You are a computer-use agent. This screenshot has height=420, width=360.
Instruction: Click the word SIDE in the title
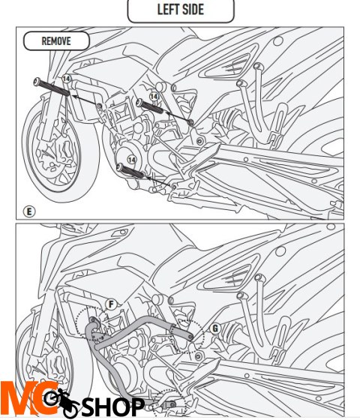click(193, 9)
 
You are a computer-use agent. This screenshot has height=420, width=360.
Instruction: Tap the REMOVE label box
click(56, 41)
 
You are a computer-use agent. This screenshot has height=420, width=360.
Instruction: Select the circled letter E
click(29, 211)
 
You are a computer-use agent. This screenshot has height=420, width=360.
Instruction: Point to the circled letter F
click(111, 304)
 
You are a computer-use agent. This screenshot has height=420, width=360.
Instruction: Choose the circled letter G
click(215, 328)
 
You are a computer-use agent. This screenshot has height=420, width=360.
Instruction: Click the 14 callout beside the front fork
click(67, 79)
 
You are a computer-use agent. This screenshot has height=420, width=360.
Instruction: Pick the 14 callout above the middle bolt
click(154, 97)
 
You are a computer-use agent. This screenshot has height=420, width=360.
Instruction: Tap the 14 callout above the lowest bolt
click(131, 160)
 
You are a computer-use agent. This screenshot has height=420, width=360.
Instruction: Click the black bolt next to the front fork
click(52, 86)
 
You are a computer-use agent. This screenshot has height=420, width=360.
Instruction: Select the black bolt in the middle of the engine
click(150, 106)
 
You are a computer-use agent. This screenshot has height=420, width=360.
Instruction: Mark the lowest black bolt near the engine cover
click(130, 171)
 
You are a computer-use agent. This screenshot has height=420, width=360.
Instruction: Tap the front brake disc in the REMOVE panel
click(55, 155)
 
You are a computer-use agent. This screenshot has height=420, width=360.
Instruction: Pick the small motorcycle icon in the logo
click(62, 402)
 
